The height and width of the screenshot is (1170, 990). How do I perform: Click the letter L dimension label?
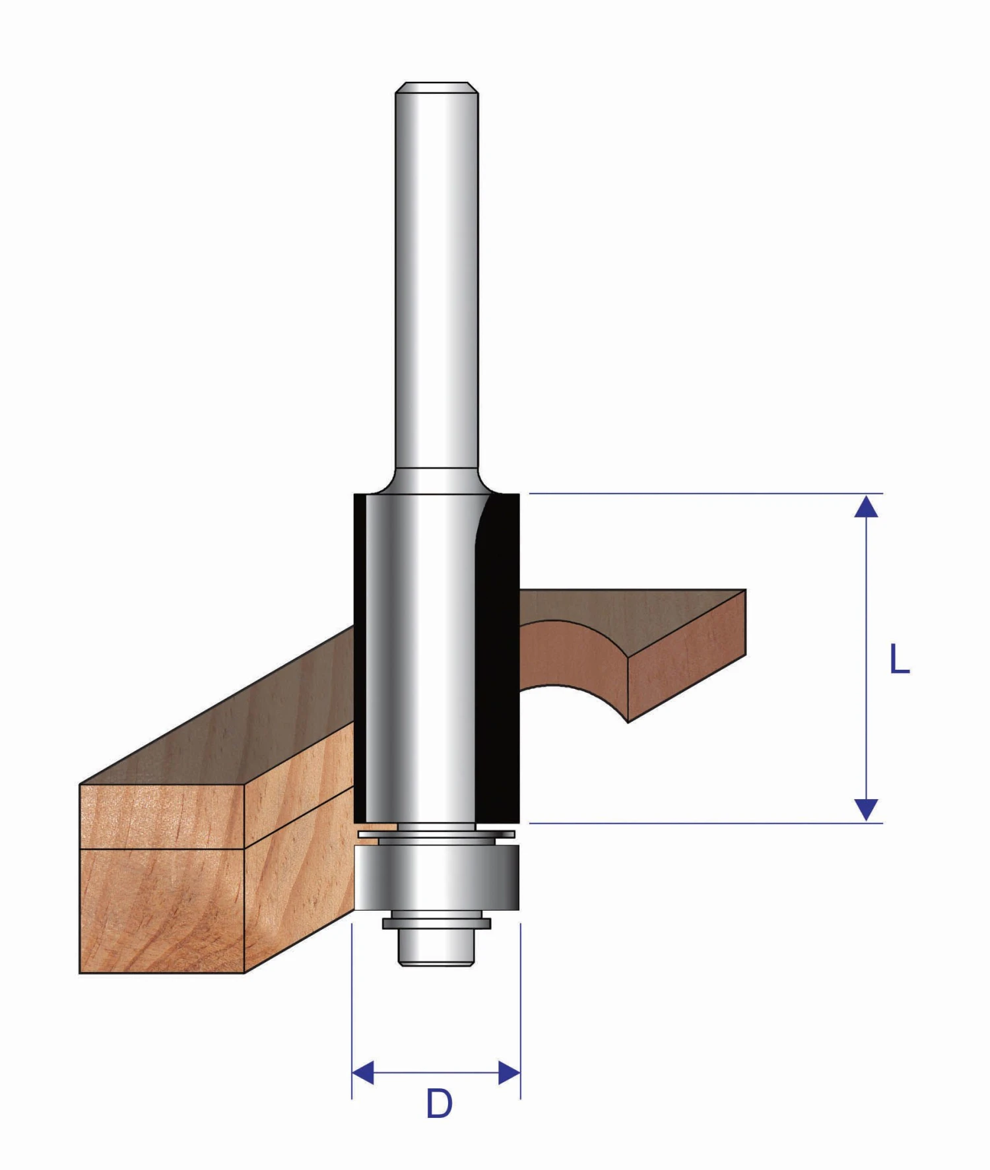tap(899, 659)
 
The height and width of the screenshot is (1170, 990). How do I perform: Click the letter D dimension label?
tap(439, 1103)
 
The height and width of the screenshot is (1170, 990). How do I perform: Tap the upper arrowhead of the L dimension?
tap(866, 507)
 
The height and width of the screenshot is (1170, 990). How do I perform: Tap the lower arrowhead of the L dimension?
tap(866, 809)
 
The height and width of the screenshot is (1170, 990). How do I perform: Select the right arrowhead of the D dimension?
tap(509, 1073)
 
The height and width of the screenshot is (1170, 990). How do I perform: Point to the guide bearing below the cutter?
tap(436, 878)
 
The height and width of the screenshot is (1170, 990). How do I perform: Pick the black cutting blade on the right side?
tap(498, 660)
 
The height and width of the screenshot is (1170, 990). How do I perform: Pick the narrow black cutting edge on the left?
tap(359, 660)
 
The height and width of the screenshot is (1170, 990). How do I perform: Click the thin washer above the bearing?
tap(436, 834)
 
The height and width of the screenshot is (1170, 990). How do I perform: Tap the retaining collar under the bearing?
tap(436, 923)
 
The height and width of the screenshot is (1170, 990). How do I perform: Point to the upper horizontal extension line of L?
tap(693, 493)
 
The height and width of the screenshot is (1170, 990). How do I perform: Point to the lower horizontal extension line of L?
tap(693, 823)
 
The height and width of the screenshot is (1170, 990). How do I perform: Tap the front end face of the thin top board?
tap(162, 816)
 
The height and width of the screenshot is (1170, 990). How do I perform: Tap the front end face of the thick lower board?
tap(162, 911)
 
